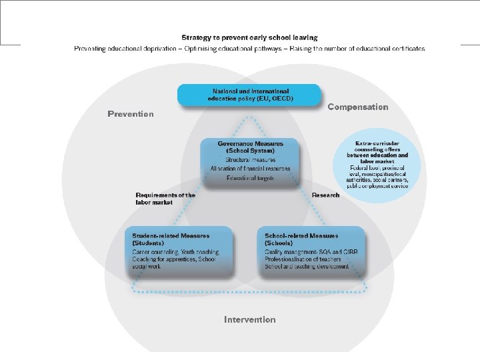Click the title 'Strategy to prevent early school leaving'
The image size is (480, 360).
pos(249,38)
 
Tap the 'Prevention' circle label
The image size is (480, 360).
pos(131,114)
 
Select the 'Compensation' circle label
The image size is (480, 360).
pos(358,107)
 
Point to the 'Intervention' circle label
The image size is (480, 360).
pos(249,320)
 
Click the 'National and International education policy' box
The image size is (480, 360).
pos(249,95)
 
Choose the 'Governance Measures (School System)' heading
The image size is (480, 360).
pos(250,147)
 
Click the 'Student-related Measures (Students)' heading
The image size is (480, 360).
pos(171,239)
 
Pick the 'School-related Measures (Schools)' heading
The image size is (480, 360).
pos(301,239)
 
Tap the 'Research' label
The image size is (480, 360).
pos(325,195)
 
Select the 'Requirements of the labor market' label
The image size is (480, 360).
pos(165,199)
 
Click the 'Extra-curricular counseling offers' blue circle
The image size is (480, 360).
pos(378,160)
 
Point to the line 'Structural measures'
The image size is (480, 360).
pos(250,161)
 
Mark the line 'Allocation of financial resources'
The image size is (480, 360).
pos(250,169)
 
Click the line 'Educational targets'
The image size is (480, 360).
pos(250,178)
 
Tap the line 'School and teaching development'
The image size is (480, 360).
pos(307,267)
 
